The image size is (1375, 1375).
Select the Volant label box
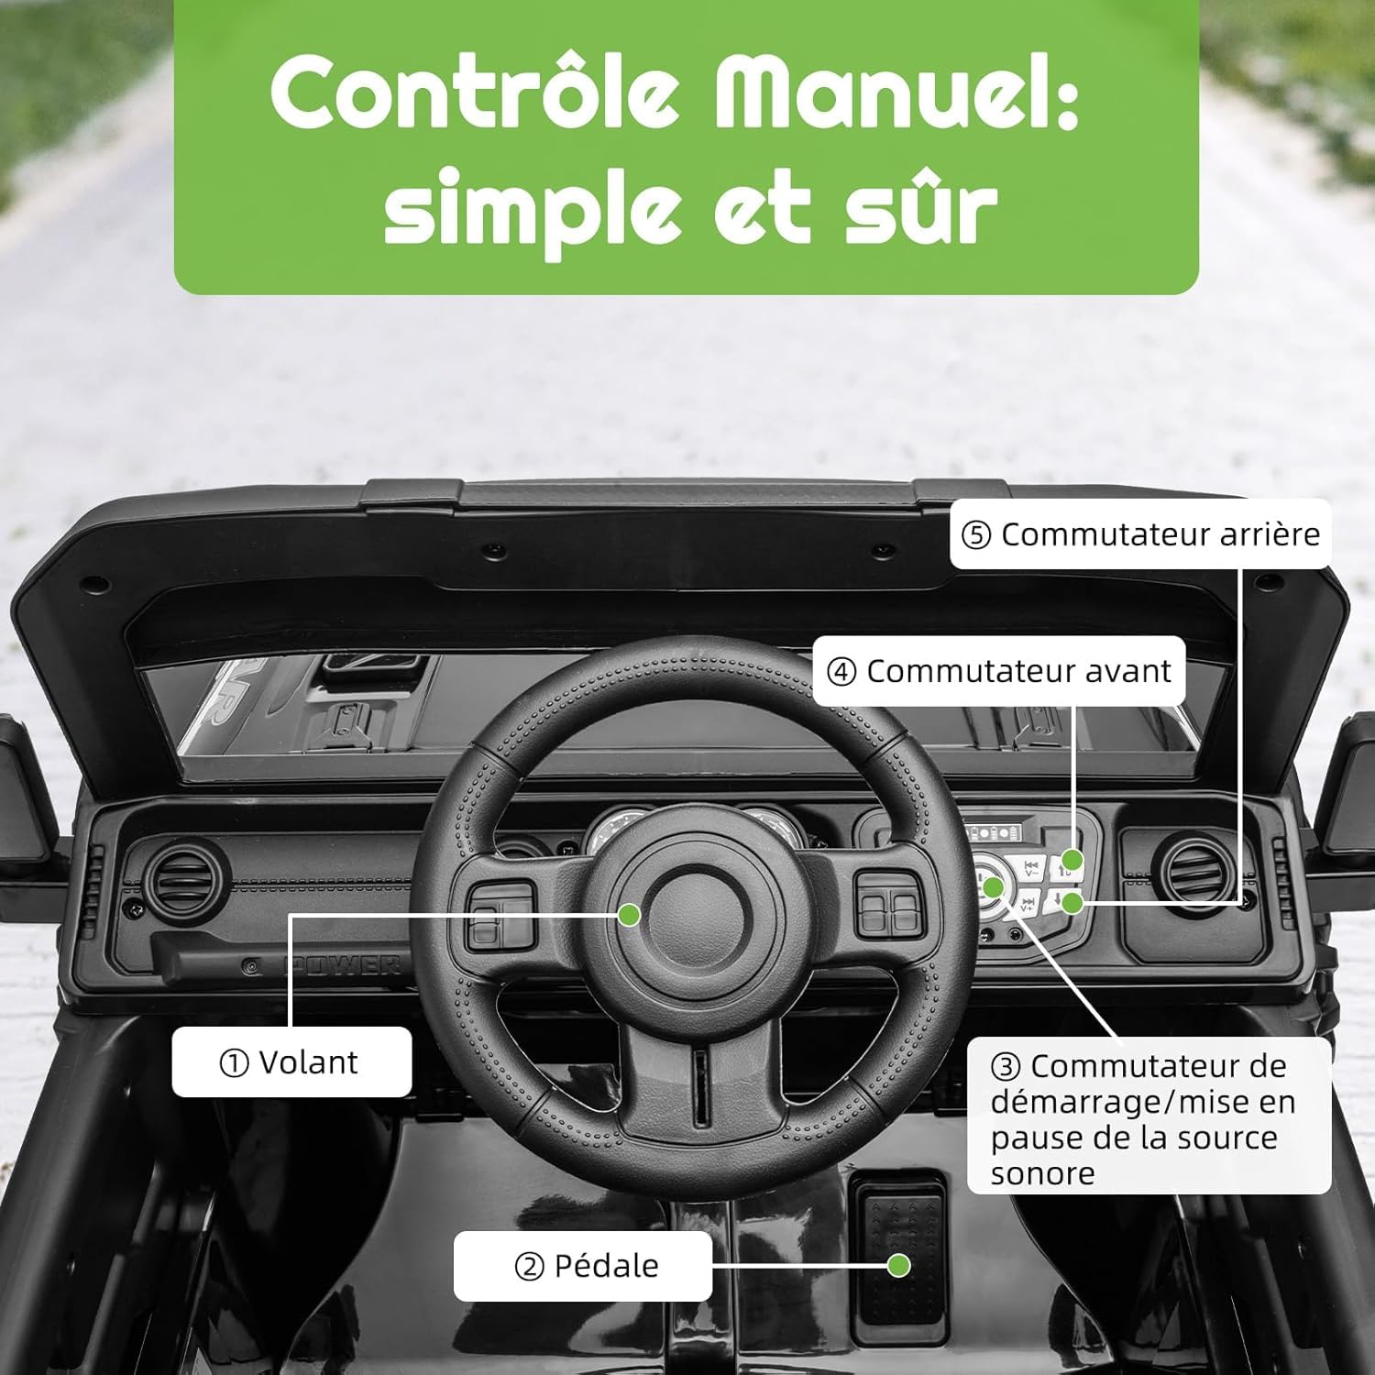(x=291, y=1061)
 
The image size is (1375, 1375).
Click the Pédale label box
(x=583, y=1266)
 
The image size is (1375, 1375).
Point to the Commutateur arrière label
(x=1140, y=533)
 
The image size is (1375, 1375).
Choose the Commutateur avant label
(x=999, y=671)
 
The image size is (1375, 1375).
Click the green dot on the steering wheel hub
(x=629, y=914)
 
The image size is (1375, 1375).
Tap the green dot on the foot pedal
(x=898, y=1265)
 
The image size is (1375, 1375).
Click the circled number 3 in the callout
(x=1006, y=1067)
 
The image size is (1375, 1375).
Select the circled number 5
(x=976, y=534)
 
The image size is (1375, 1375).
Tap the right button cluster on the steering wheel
(x=889, y=904)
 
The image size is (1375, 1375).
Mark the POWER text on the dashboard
(x=341, y=964)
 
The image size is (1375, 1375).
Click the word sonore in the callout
(x=1043, y=1173)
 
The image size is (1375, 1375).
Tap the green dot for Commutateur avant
(x=1072, y=860)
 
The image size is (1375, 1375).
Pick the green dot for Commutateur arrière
(x=1072, y=902)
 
